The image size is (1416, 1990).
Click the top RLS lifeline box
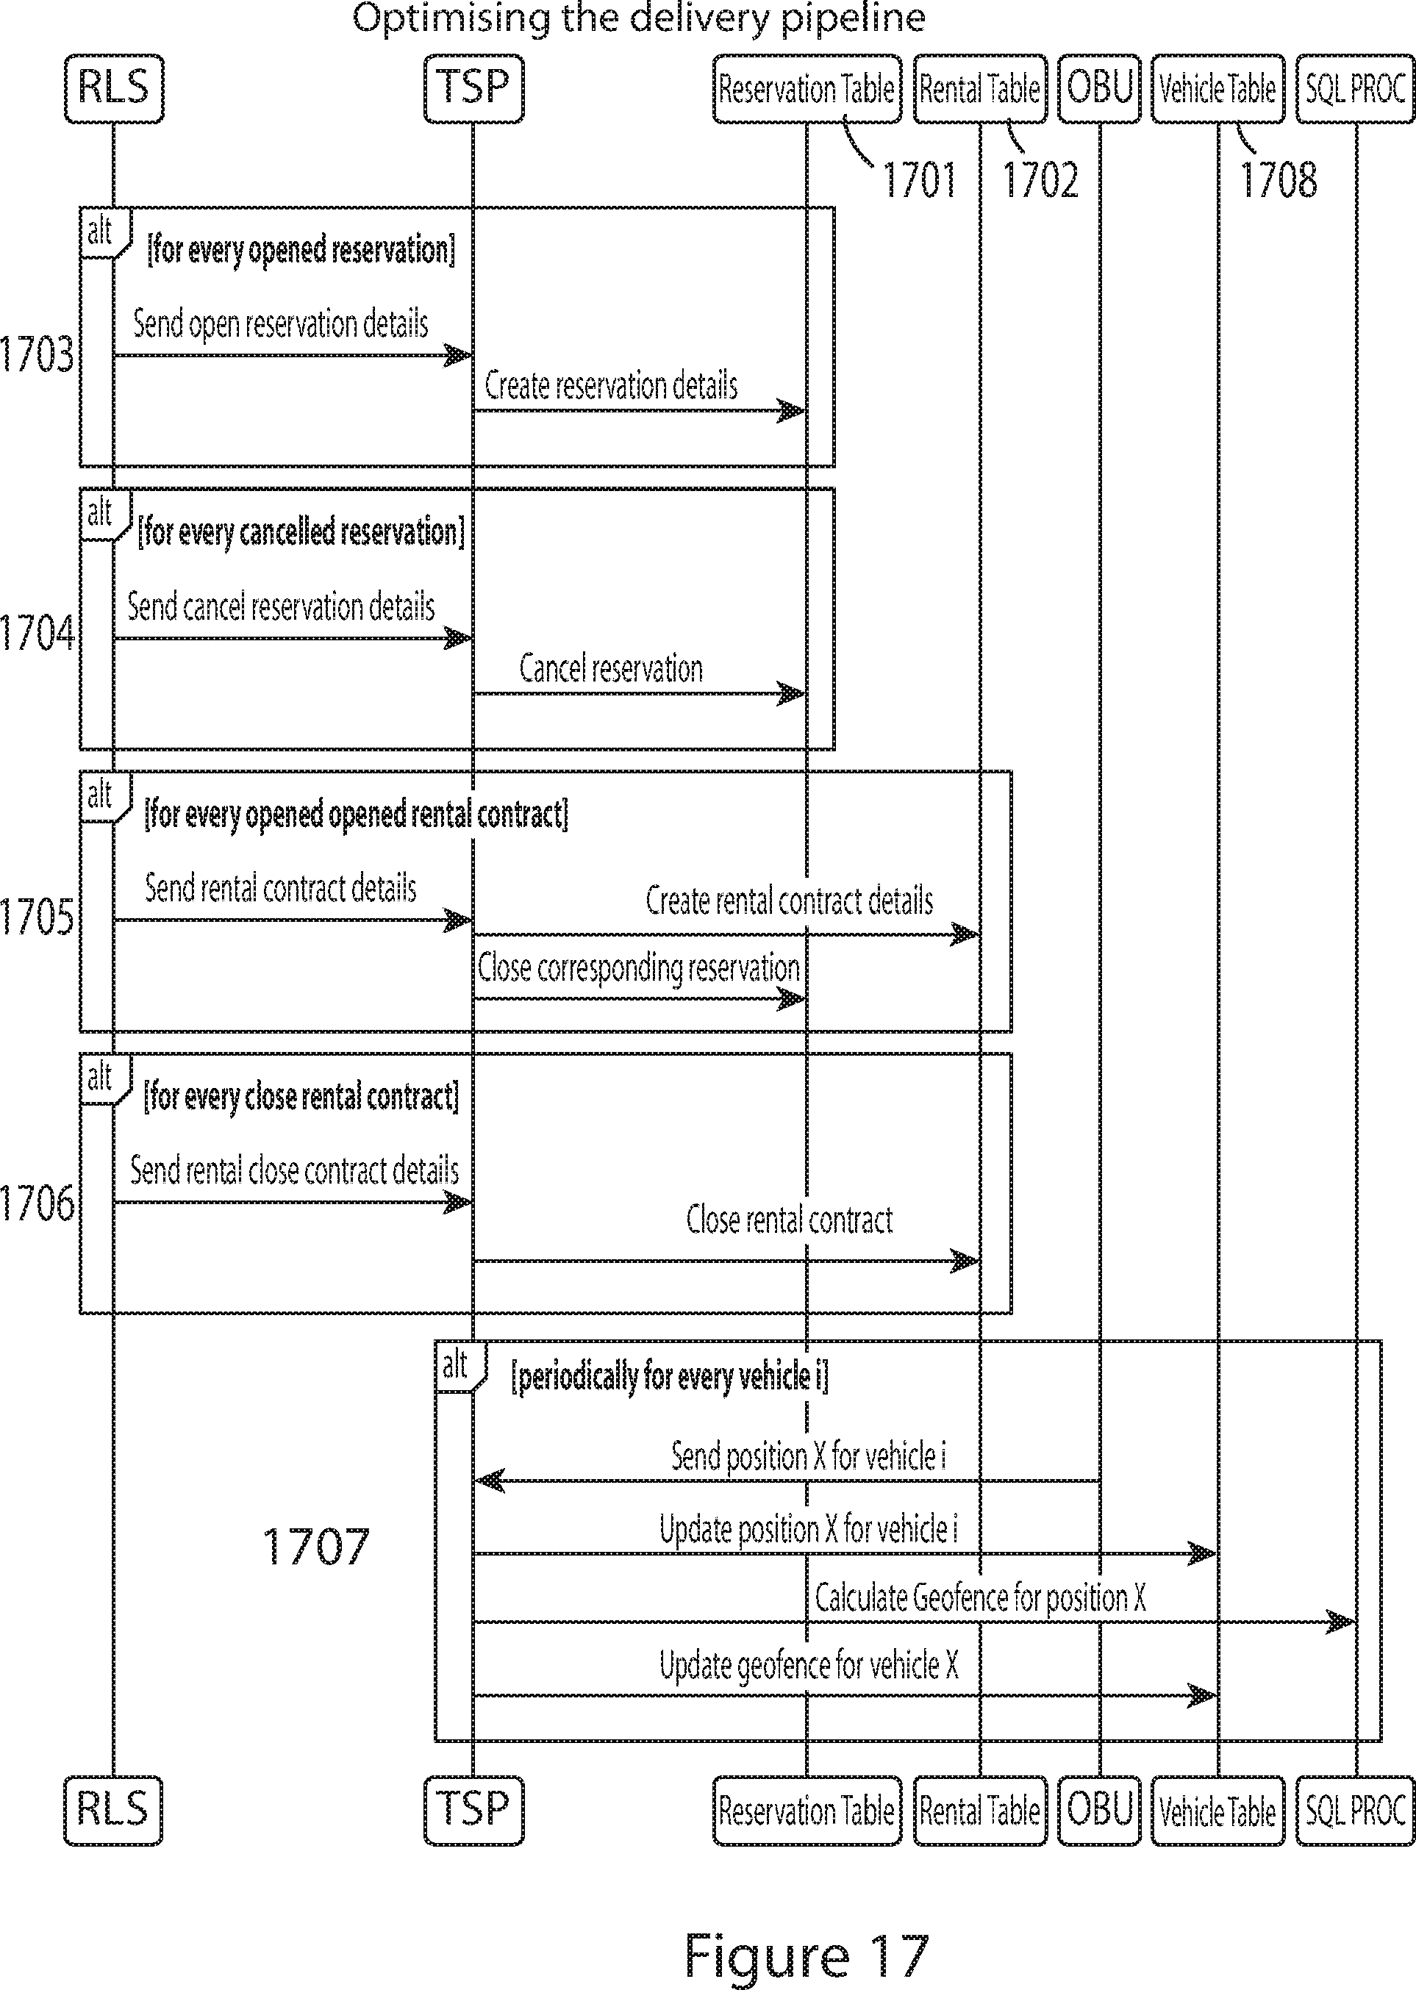click(x=113, y=88)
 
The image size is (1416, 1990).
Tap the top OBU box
click(x=1098, y=88)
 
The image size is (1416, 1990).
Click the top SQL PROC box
click(x=1355, y=89)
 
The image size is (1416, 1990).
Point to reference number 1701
click(x=919, y=180)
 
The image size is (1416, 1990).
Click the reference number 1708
click(x=1277, y=180)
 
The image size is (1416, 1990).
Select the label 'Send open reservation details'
click(x=280, y=324)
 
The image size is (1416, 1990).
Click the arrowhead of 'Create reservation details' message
click(x=792, y=410)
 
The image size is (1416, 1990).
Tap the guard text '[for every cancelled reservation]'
click(x=301, y=531)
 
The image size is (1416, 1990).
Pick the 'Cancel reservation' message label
click(x=610, y=668)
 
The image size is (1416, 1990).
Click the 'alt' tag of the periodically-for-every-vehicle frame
click(x=455, y=1365)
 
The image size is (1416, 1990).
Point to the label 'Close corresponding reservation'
click(x=638, y=968)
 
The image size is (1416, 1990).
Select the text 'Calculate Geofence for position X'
click(x=980, y=1597)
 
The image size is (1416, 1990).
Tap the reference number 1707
click(x=315, y=1546)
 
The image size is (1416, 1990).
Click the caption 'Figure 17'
click(x=806, y=1955)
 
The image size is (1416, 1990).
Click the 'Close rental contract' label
click(x=789, y=1220)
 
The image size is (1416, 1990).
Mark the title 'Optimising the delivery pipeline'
click(x=638, y=18)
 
